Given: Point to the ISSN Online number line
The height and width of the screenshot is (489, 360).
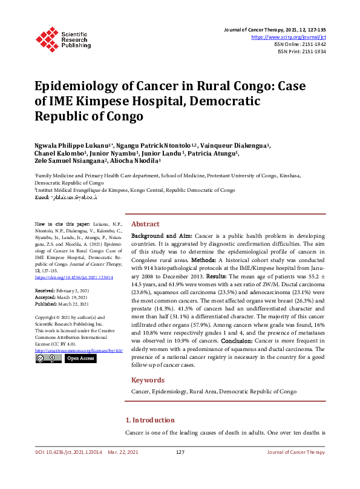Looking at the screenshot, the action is (301, 44).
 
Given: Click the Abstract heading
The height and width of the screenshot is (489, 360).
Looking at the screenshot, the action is (145, 223).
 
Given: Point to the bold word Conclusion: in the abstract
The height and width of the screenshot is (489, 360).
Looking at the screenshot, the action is (239, 340).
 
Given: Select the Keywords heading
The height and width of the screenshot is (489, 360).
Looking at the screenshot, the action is (148, 380).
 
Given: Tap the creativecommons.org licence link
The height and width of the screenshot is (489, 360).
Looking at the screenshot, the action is (79, 350).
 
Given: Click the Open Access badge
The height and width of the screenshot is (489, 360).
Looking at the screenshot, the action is (80, 358).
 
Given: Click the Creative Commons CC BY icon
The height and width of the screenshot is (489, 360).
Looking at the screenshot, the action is (48, 358).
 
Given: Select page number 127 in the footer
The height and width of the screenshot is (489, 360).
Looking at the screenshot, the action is (180, 453).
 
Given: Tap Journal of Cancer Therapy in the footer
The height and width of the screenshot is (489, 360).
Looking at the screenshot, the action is (296, 453).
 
